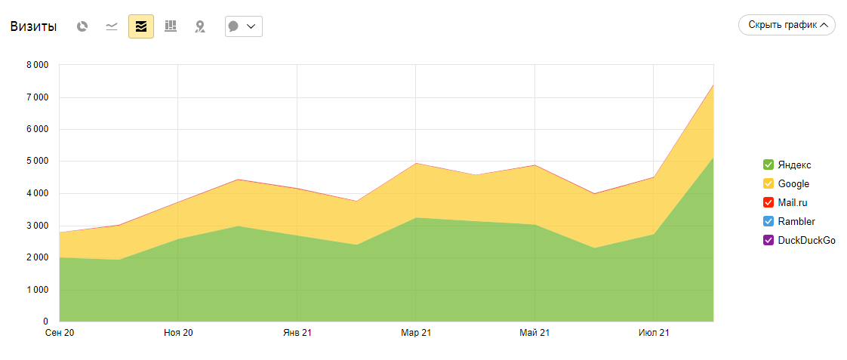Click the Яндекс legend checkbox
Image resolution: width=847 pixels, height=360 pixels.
tap(768, 165)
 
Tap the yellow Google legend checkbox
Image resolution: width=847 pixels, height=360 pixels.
tap(768, 183)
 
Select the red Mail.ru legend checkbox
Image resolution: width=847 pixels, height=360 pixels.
tap(768, 202)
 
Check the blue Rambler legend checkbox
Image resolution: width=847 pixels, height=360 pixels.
tap(768, 221)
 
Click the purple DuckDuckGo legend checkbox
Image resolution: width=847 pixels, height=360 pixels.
tap(768, 240)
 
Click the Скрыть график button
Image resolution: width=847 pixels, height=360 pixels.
tap(787, 25)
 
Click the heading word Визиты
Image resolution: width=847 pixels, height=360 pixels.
tap(33, 26)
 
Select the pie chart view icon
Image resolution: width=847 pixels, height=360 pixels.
tap(82, 26)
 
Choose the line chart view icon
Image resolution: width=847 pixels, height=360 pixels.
tap(112, 26)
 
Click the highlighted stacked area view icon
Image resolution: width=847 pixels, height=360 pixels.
tap(141, 26)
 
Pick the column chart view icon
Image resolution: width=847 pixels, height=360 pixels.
tap(171, 26)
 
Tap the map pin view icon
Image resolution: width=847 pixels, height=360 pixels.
tap(200, 26)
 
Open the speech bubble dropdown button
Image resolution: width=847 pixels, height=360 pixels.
tap(243, 26)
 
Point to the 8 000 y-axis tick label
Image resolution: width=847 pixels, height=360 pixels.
tap(36, 65)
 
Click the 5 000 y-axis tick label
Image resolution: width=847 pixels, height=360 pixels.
tap(36, 162)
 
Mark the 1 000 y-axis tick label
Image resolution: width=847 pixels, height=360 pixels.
tap(36, 290)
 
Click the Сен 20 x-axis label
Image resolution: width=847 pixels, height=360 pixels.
tap(60, 333)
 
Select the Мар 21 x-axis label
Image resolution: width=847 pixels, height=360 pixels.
tap(416, 333)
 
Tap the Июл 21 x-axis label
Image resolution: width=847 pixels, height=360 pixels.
tap(654, 333)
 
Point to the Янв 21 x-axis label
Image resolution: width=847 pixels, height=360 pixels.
tap(297, 333)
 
